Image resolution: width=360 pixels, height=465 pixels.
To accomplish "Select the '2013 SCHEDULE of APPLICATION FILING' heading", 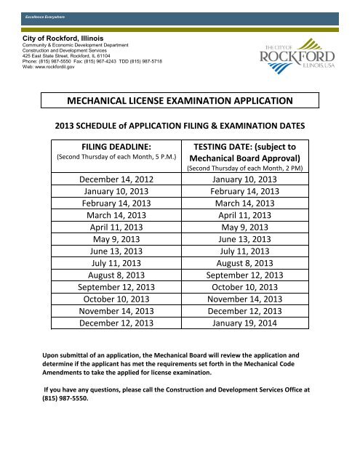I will [179, 125].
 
